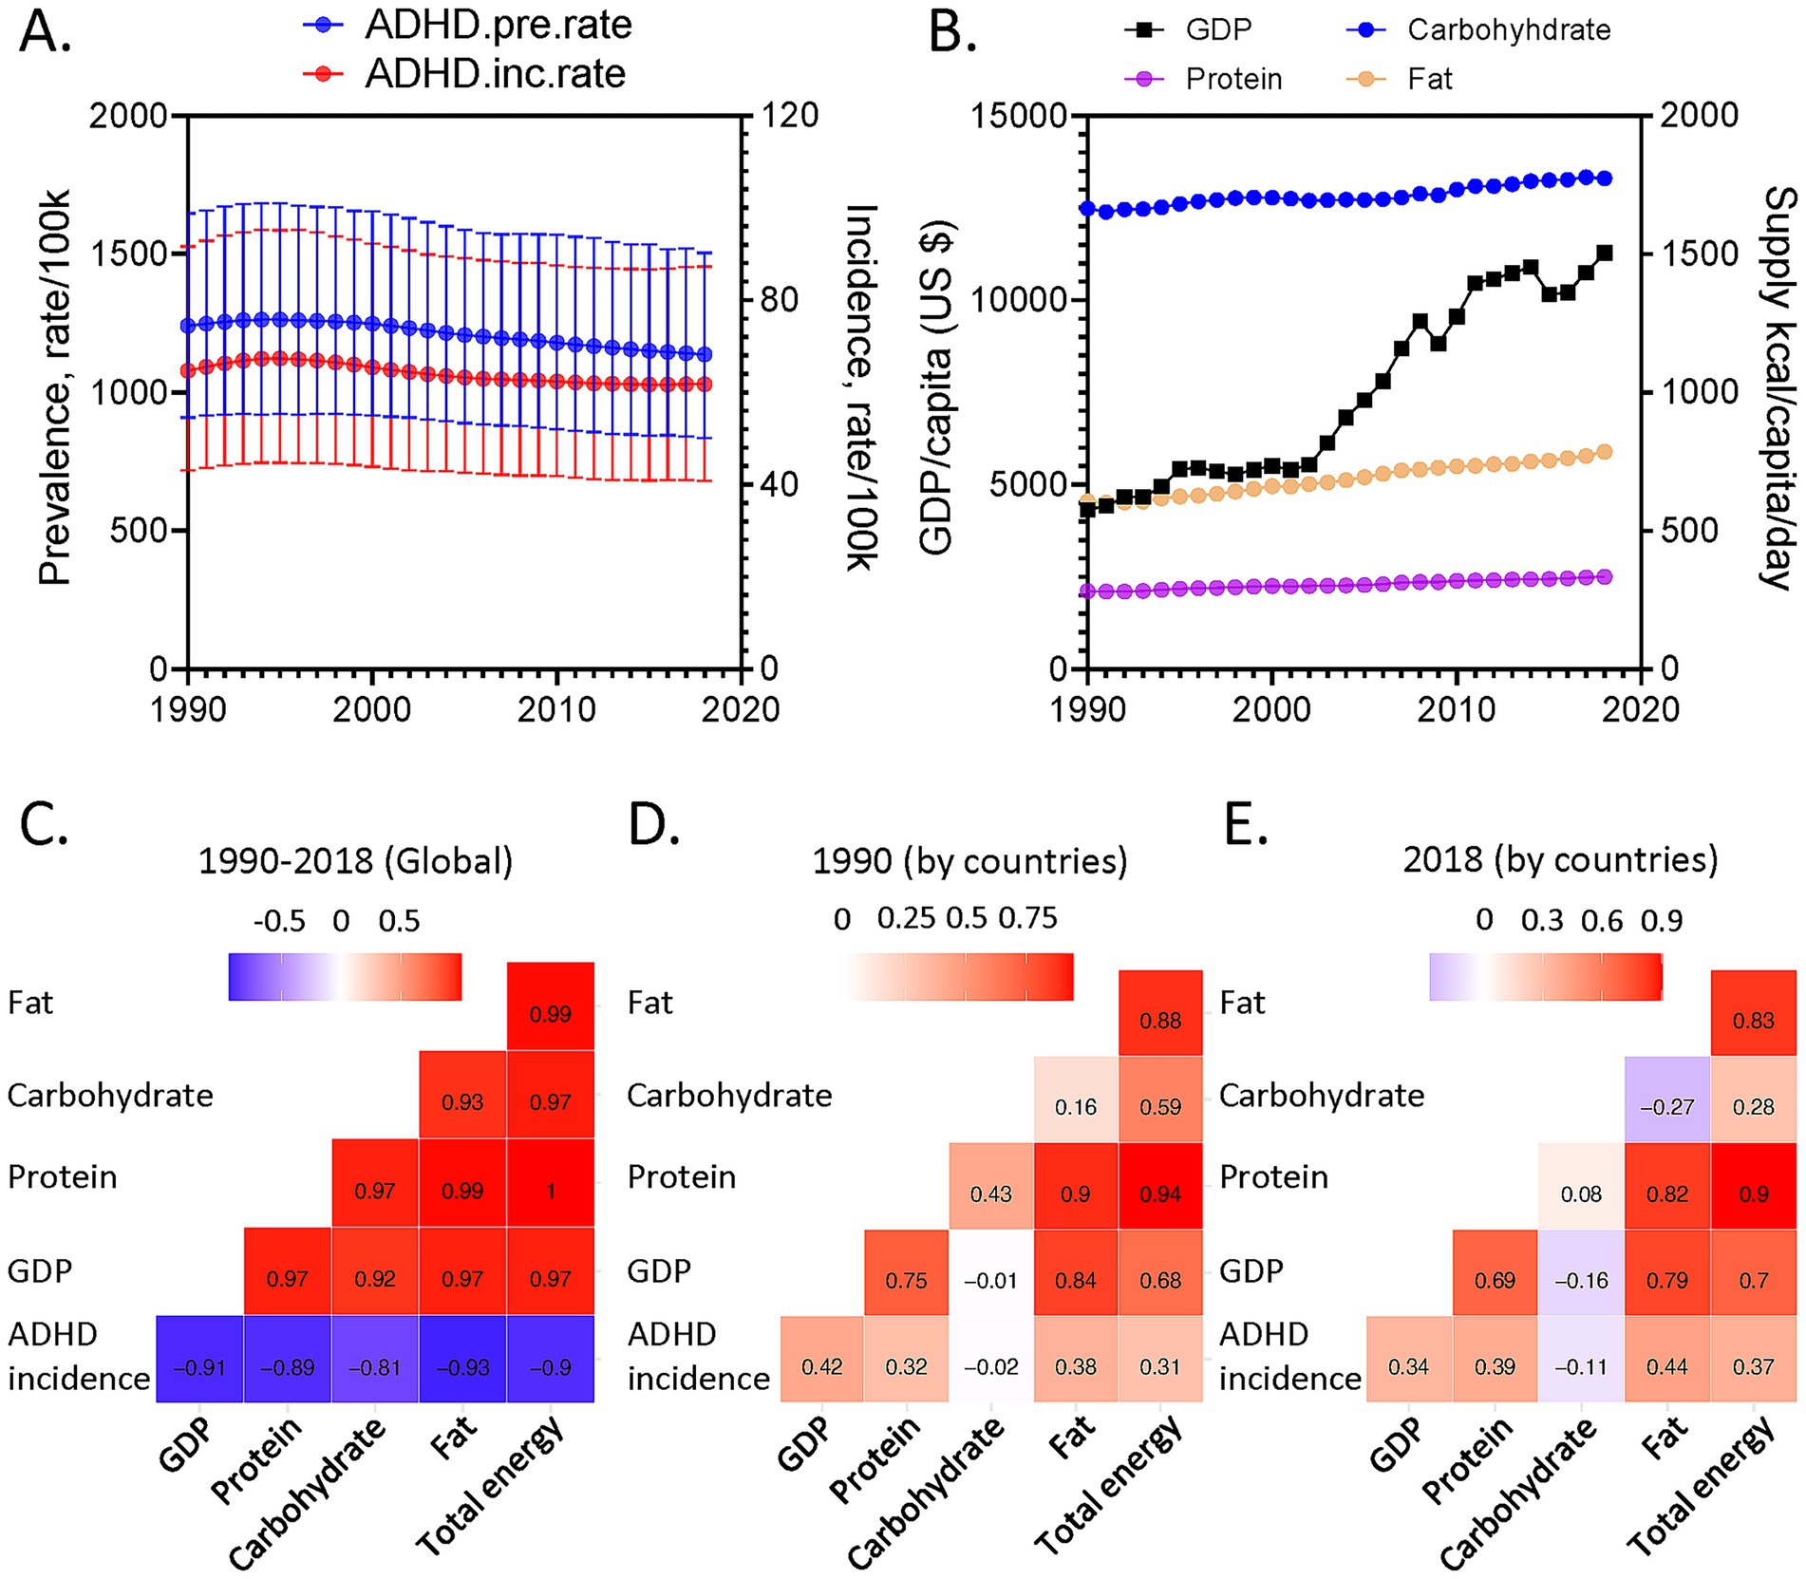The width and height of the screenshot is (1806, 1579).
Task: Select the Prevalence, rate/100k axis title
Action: (x=54, y=388)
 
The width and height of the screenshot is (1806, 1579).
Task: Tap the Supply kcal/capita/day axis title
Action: (x=1778, y=388)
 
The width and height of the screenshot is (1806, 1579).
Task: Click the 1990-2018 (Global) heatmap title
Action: (x=355, y=861)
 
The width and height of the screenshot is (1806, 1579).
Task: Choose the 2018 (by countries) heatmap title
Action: (x=1560, y=859)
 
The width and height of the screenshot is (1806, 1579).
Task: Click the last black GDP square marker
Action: (x=1605, y=253)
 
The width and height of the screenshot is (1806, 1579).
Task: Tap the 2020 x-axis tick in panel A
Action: (x=740, y=709)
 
